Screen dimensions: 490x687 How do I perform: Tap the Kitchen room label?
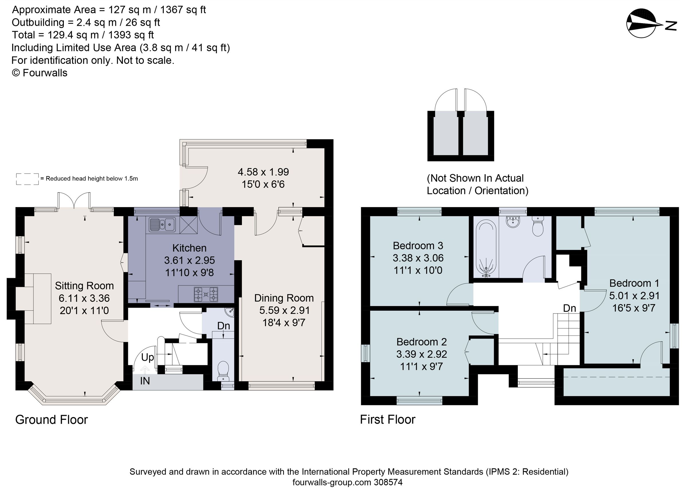pyautogui.click(x=189, y=248)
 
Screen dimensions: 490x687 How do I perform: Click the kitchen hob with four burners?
pyautogui.click(x=206, y=294)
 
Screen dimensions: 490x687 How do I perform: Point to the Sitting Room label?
pyautogui.click(x=84, y=286)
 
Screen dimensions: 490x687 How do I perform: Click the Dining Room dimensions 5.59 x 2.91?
pyautogui.click(x=284, y=310)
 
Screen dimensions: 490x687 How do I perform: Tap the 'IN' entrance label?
pyautogui.click(x=145, y=381)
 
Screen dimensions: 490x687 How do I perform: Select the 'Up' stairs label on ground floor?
pyautogui.click(x=147, y=357)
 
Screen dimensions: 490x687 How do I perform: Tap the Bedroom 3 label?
pyautogui.click(x=418, y=246)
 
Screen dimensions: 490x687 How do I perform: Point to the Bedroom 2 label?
pyautogui.click(x=421, y=342)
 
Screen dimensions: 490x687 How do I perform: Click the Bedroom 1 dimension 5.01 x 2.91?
pyautogui.click(x=634, y=296)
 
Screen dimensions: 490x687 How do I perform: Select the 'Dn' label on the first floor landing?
pyautogui.click(x=569, y=308)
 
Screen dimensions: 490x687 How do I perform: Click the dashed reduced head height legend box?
pyautogui.click(x=27, y=179)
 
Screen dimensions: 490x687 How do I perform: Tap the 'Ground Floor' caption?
pyautogui.click(x=51, y=420)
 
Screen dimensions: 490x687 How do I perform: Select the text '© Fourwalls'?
pyautogui.click(x=40, y=73)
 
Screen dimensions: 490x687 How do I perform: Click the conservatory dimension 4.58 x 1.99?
pyautogui.click(x=263, y=172)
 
